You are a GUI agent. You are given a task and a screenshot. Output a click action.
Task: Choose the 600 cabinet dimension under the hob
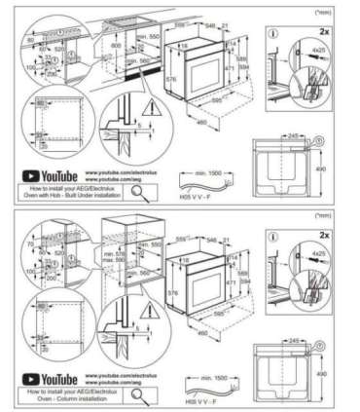pos(116,45)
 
